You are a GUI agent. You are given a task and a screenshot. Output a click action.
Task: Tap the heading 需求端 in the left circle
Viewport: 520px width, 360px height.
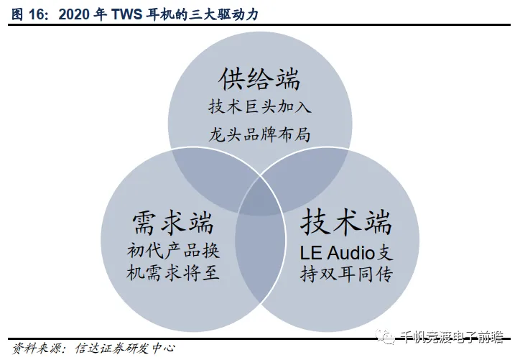173,222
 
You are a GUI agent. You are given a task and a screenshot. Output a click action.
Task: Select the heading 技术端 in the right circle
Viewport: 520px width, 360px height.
346,221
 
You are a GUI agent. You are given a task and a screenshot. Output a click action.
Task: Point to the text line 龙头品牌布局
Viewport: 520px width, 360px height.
259,134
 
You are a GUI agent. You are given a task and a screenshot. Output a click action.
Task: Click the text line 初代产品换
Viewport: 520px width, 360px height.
172,251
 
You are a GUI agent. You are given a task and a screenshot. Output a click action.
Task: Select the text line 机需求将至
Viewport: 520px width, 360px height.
172,274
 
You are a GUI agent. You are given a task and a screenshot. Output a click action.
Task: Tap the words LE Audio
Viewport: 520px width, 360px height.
338,252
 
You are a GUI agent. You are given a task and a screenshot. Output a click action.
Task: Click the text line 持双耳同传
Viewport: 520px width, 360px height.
346,274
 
